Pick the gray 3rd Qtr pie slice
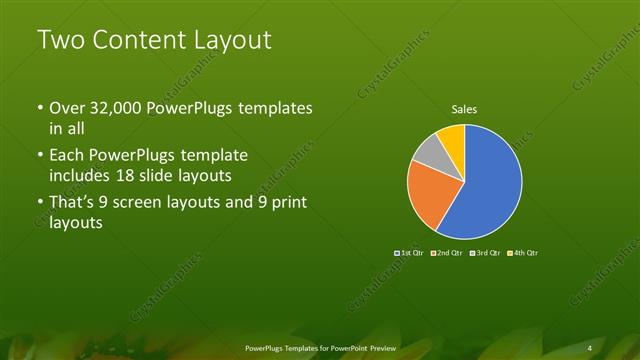point(428,151)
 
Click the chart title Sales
point(464,109)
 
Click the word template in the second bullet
point(212,157)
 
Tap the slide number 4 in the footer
point(590,347)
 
